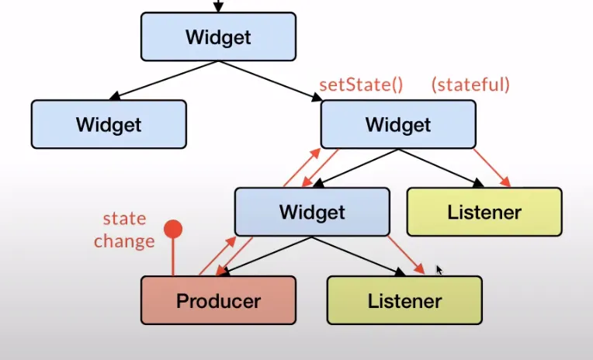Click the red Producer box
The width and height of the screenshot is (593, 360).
(218, 300)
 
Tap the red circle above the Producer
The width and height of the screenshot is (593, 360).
(174, 229)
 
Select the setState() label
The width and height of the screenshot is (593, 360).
(361, 84)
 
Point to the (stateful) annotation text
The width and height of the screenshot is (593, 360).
(470, 84)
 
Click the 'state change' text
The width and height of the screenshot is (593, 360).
(124, 230)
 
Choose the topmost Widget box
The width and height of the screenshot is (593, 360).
(218, 36)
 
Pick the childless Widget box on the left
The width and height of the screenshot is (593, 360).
(109, 124)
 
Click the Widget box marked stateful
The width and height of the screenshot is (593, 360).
(397, 124)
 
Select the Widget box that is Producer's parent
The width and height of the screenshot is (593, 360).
(312, 211)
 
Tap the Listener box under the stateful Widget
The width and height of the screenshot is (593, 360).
(484, 211)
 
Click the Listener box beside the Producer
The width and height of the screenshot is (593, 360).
(404, 300)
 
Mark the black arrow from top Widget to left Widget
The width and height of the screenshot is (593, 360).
(163, 81)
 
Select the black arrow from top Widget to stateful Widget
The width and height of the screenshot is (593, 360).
(272, 81)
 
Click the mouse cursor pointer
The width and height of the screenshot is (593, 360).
(439, 270)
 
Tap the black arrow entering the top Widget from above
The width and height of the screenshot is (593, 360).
(218, 5)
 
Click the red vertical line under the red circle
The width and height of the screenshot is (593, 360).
(174, 256)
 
